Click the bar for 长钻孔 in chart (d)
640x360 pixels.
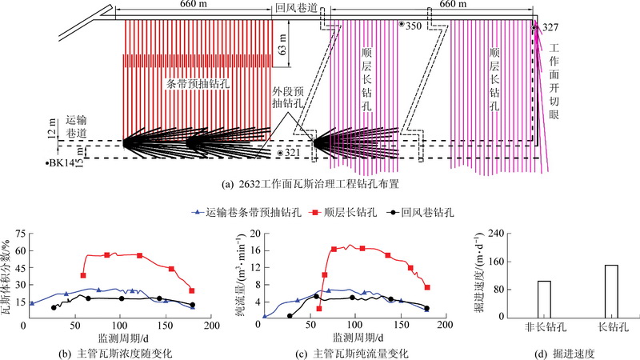click(611, 291)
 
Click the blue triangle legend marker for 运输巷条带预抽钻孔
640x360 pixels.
click(196, 213)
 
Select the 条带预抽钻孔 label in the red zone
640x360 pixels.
click(197, 82)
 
